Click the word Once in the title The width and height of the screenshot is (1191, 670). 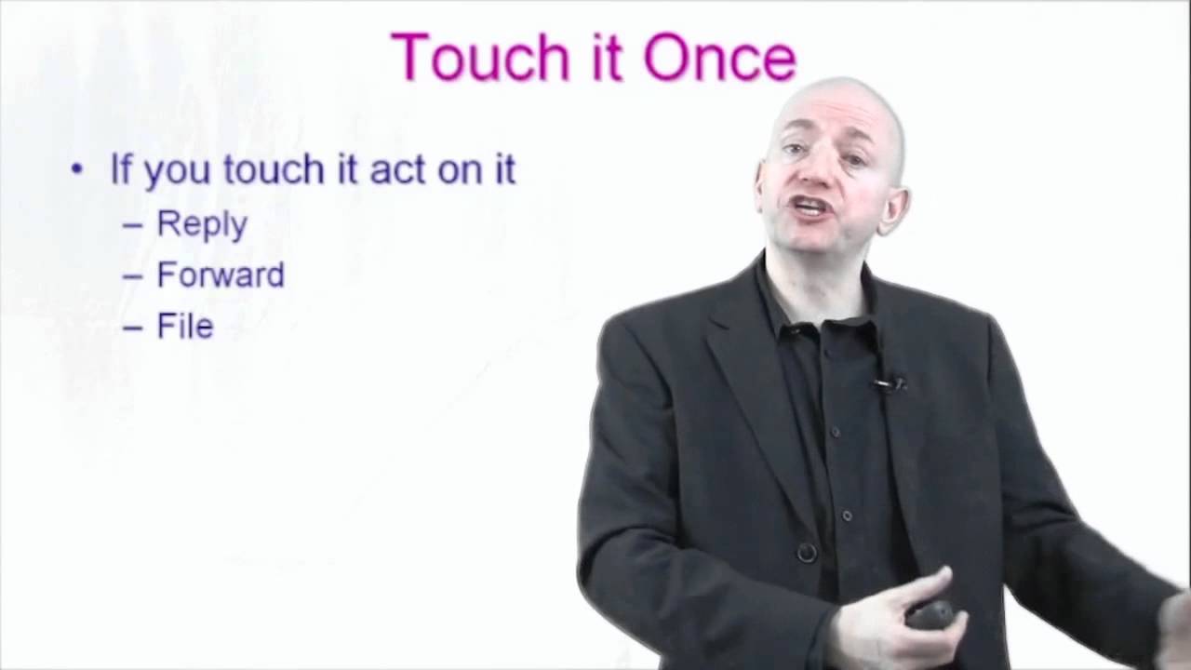point(720,58)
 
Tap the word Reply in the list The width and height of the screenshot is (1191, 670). point(202,225)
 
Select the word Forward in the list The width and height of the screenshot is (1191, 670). point(221,275)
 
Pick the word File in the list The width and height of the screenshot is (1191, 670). point(185,327)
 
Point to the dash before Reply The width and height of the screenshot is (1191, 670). point(133,225)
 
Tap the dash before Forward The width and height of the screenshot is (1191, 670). point(133,276)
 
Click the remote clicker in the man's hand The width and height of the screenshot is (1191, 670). point(930,614)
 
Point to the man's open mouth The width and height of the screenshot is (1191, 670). point(811,207)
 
